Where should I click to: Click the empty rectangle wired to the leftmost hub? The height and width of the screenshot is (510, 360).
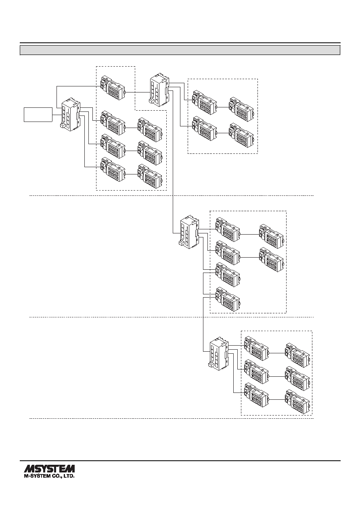(x=38, y=114)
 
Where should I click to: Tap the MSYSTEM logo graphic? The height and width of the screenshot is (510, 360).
(x=49, y=468)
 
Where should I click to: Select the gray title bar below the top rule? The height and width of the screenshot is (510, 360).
(x=180, y=50)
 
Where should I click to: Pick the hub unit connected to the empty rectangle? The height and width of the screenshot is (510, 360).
(x=71, y=115)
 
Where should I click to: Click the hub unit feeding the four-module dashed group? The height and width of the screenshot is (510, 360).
(x=160, y=90)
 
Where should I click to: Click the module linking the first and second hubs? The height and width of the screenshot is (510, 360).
(x=113, y=88)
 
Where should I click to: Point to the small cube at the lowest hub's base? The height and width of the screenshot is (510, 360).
(x=211, y=365)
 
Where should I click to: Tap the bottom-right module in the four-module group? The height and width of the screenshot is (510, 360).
(x=242, y=135)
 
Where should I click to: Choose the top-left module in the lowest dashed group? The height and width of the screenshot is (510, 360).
(x=256, y=348)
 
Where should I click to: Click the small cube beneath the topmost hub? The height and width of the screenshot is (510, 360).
(x=151, y=101)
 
